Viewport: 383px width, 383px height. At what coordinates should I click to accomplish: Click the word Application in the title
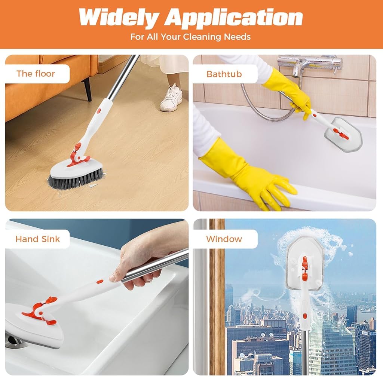click(x=234, y=18)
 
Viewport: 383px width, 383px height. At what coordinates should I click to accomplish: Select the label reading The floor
click(x=36, y=74)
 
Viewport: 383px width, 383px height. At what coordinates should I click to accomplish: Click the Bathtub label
click(x=224, y=74)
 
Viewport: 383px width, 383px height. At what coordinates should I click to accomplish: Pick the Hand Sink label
click(x=38, y=239)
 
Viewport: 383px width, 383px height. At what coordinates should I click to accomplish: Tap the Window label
click(x=224, y=239)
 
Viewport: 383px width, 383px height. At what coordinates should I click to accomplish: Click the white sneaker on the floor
click(x=171, y=98)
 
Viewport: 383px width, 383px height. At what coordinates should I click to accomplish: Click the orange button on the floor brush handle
click(x=99, y=111)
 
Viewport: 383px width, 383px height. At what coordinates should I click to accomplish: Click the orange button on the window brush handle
click(x=305, y=316)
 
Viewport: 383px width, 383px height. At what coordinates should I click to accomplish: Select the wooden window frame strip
click(x=217, y=297)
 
